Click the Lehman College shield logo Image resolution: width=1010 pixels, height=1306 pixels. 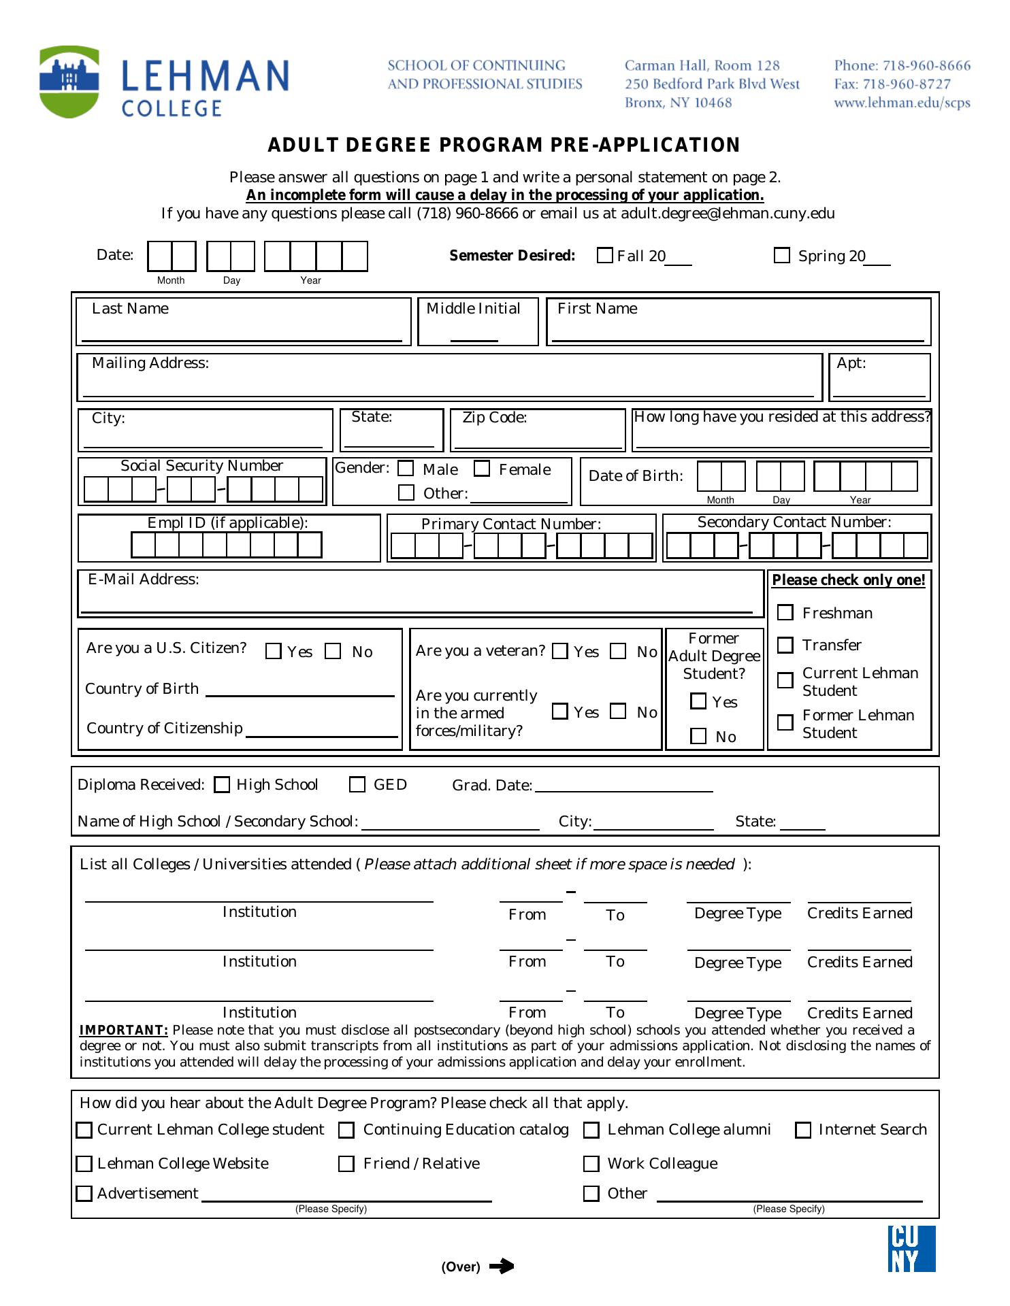[69, 82]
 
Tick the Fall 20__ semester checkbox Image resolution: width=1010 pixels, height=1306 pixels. [604, 256]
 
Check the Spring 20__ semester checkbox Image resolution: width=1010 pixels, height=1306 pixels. [782, 256]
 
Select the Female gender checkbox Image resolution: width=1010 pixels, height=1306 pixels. [482, 469]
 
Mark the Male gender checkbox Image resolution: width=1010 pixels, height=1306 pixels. [406, 469]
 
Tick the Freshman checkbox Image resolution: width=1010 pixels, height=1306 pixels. [785, 613]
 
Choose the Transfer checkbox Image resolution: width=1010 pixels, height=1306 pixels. [785, 645]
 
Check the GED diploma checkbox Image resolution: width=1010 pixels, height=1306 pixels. [357, 785]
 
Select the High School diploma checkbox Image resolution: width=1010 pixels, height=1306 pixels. [222, 785]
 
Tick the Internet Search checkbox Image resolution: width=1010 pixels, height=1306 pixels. [804, 1131]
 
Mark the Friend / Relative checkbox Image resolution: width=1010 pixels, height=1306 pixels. [346, 1165]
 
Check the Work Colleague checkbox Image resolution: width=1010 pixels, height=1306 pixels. [591, 1165]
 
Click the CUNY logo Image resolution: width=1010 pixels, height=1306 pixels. [911, 1249]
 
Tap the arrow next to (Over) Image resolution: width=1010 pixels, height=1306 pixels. [502, 1267]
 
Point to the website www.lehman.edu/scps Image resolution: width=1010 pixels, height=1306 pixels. [902, 103]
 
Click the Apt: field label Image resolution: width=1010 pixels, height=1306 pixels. [851, 363]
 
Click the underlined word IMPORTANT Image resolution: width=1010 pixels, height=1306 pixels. [124, 1031]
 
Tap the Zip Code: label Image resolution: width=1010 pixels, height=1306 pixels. [495, 418]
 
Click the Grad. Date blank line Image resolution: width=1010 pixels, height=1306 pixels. [624, 789]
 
